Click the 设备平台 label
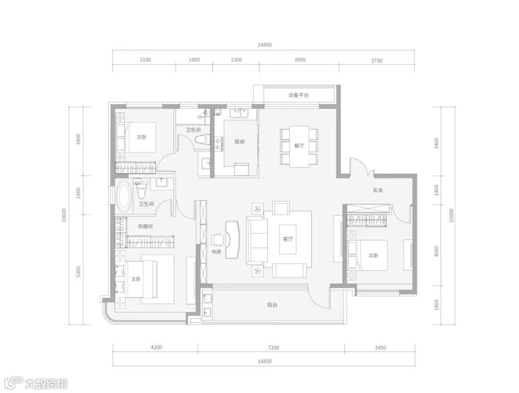[298, 95]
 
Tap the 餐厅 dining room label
[299, 145]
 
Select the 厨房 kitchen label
[239, 142]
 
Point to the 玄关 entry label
[378, 190]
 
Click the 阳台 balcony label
[272, 305]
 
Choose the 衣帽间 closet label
[145, 227]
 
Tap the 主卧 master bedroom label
[136, 279]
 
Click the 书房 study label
[216, 252]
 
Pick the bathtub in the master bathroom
[124, 196]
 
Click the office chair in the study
[218, 239]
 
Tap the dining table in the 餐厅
[299, 146]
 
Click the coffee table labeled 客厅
[288, 239]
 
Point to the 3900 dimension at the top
[299, 60]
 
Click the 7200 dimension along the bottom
[274, 348]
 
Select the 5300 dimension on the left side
[78, 272]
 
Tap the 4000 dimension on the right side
[436, 251]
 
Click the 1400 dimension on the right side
[436, 190]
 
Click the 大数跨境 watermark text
[46, 384]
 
